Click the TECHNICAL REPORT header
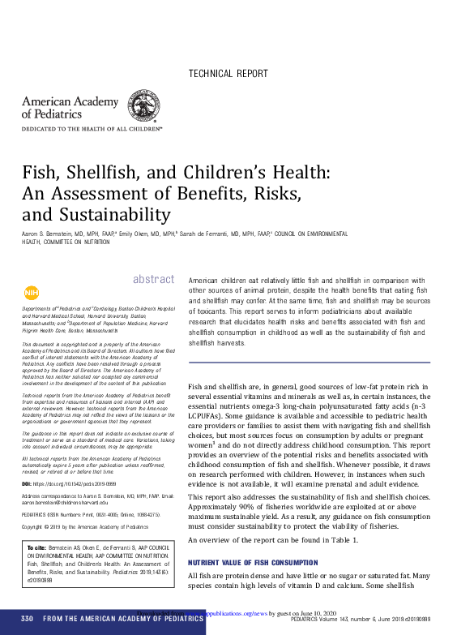point(228,74)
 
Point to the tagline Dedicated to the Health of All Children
point(92,129)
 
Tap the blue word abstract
point(153,280)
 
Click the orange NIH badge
point(31,293)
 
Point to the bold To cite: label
point(38,548)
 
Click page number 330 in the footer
point(27,620)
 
